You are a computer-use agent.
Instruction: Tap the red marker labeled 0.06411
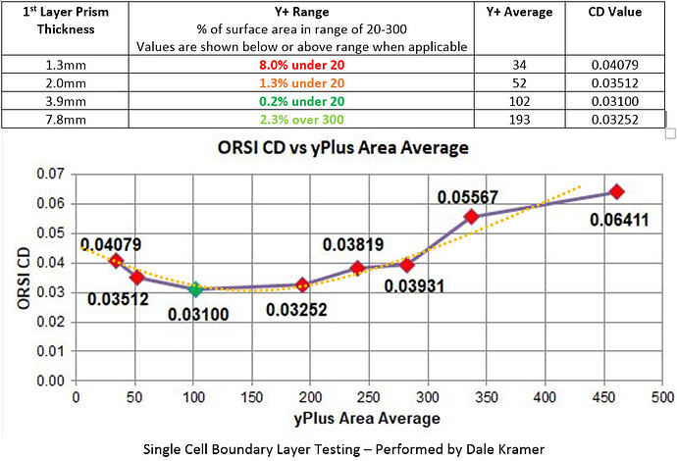[x=617, y=191]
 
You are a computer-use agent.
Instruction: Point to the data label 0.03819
[x=352, y=245]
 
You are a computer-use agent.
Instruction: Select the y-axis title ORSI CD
[x=24, y=278]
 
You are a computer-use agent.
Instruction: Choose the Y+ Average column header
[x=519, y=13]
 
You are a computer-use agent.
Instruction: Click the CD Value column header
[x=615, y=13]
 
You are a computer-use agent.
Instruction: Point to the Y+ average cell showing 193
[x=519, y=120]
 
